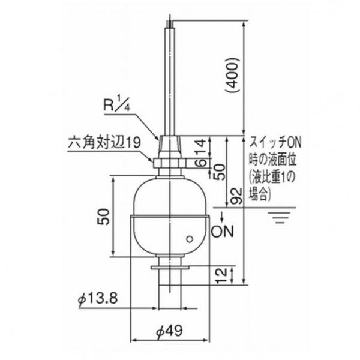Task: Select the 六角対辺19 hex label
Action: pos(104,144)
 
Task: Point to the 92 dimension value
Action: pos(237,195)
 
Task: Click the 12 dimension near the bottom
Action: pos(223,275)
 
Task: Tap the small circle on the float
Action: pos(190,239)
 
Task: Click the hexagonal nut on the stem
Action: pos(170,163)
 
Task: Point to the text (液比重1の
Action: pos(273,178)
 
